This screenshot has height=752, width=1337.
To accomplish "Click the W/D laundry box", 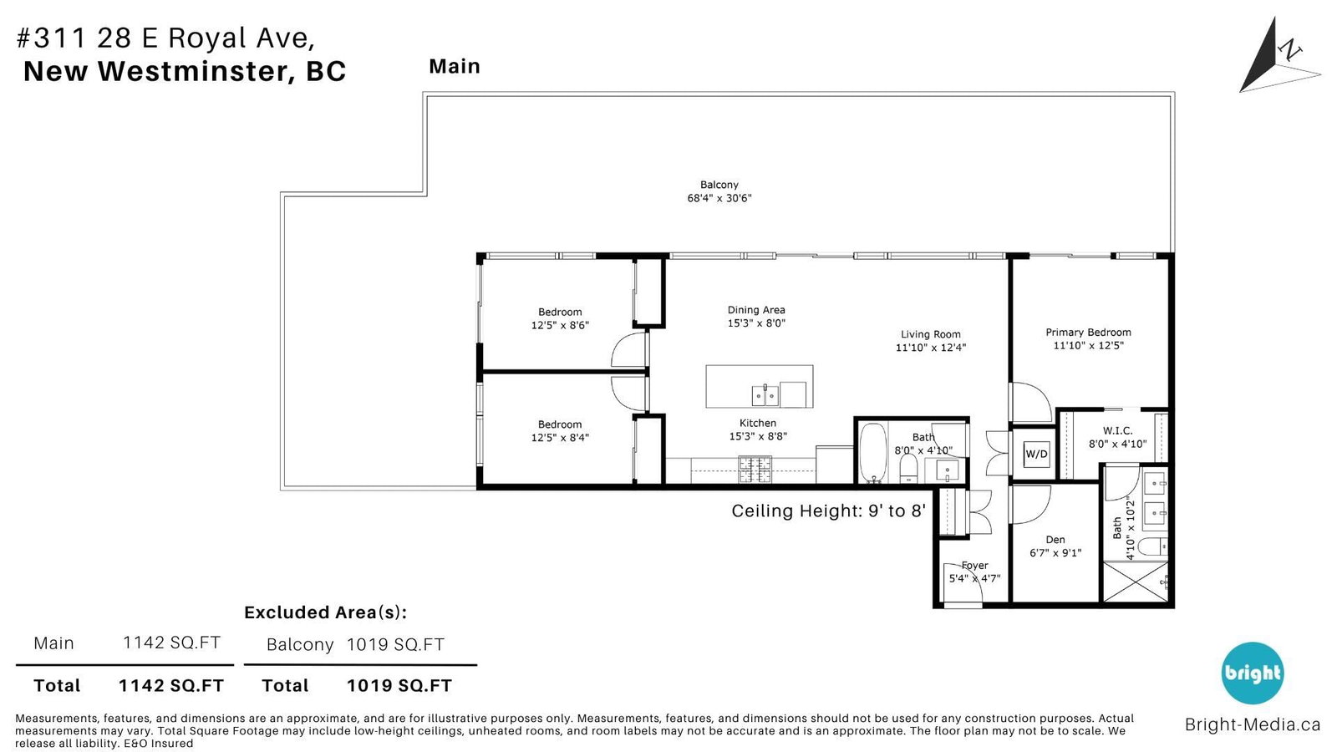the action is pyautogui.click(x=1036, y=454).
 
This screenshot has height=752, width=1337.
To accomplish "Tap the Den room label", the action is pyautogui.click(x=1055, y=540).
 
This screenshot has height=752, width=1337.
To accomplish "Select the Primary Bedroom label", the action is pyautogui.click(x=1088, y=333).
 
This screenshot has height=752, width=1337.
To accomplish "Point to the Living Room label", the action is pyautogui.click(x=931, y=334).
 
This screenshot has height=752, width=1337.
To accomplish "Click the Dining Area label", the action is pyautogui.click(x=756, y=310).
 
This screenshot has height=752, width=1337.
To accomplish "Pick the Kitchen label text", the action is pyautogui.click(x=758, y=423).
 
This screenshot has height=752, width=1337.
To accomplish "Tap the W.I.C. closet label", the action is pyautogui.click(x=1117, y=430).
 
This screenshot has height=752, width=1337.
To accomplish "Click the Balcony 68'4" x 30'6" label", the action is pyautogui.click(x=719, y=191).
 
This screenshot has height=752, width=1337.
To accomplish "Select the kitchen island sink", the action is pyautogui.click(x=765, y=395).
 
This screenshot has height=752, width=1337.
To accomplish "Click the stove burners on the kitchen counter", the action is pyautogui.click(x=755, y=470).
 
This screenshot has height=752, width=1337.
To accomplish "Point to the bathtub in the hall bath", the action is pyautogui.click(x=873, y=453).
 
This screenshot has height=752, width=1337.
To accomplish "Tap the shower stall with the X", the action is pyautogui.click(x=1135, y=582).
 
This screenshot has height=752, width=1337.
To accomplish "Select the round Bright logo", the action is pyautogui.click(x=1253, y=673).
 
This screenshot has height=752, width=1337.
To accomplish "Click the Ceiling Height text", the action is pyautogui.click(x=828, y=511).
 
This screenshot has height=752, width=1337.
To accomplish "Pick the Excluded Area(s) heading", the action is pyautogui.click(x=325, y=612).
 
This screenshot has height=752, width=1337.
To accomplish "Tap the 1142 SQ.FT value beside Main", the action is pyautogui.click(x=171, y=643).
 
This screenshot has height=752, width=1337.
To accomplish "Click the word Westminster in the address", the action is pyautogui.click(x=196, y=71).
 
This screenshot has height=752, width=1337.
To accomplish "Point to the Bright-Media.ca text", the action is pyautogui.click(x=1253, y=724).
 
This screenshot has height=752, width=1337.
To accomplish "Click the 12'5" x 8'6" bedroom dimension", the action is pyautogui.click(x=560, y=325).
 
